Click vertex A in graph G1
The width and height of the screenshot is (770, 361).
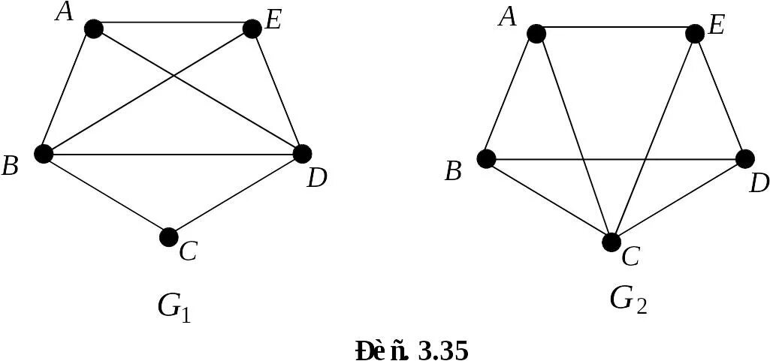tap(93, 29)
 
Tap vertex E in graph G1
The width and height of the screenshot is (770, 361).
tap(252, 29)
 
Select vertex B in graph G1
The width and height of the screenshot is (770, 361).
tap(44, 154)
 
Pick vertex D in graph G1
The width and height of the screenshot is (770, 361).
tap(301, 154)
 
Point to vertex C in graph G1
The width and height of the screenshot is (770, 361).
tap(169, 237)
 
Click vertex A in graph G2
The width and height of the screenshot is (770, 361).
tap(536, 34)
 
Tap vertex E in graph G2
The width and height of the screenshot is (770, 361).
tap(695, 34)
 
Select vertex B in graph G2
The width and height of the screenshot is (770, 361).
tap(486, 158)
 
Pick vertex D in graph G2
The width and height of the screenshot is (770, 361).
tap(744, 158)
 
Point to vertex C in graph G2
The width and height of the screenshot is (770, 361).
tap(611, 242)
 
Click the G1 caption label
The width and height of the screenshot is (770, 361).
tap(174, 305)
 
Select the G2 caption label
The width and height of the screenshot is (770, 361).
tap(628, 299)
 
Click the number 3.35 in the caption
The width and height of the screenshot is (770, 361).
tap(442, 350)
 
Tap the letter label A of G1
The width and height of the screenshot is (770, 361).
tap(65, 12)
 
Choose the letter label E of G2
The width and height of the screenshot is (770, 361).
tap(716, 27)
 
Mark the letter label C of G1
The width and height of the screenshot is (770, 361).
tap(188, 252)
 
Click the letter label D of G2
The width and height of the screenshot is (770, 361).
tap(759, 182)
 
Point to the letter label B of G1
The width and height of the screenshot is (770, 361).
tap(10, 166)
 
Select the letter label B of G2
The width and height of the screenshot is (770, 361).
tap(452, 172)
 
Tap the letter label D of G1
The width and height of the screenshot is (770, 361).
tap(316, 179)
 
